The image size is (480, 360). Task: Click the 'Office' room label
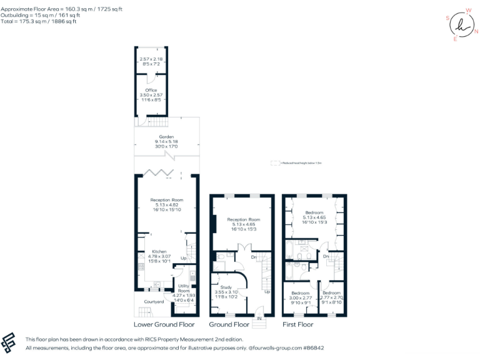[151, 90]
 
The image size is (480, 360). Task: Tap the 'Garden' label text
[166, 136]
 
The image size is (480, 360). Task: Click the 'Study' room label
[226, 287]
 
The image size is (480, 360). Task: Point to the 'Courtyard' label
[154, 302]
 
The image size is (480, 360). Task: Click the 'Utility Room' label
[184, 288]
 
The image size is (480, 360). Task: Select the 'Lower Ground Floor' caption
[164, 325]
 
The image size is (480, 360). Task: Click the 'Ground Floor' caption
[229, 325]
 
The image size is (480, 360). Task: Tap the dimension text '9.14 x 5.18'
[166, 142]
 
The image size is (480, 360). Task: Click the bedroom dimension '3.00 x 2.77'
[301, 298]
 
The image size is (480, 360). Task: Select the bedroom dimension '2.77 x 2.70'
[331, 298]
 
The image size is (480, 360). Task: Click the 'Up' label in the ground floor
[267, 292]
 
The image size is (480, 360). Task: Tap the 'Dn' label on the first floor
[326, 256]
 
